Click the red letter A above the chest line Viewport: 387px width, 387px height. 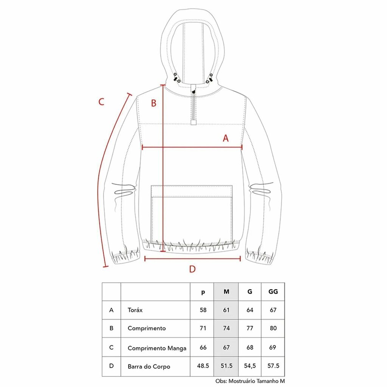coord(226,138)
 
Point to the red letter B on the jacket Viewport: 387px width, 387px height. coord(153,103)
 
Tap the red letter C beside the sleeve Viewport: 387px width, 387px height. coord(101,102)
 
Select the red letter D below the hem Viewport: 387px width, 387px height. coord(192,269)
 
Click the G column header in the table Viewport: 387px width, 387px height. coord(250,292)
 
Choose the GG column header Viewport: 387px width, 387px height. coord(273,292)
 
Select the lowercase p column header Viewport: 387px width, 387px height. coord(203,293)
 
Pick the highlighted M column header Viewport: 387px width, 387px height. coord(226,292)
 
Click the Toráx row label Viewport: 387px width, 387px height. coord(135,310)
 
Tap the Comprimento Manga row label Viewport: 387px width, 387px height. coord(157,348)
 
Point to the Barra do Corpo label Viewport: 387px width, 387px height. coord(149,367)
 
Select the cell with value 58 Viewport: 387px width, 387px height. coord(203,310)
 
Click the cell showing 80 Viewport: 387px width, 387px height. coord(273,328)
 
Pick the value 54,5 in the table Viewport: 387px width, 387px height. coord(250,366)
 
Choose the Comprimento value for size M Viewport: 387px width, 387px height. coord(226,328)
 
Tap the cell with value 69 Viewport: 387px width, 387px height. coord(272,347)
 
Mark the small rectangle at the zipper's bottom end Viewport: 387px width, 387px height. coord(193,122)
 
